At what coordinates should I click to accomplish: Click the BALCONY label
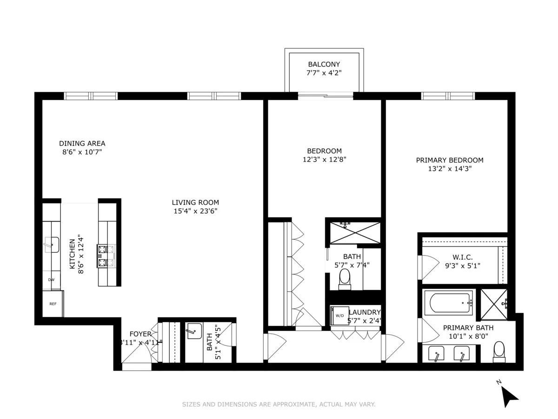coord(324,64)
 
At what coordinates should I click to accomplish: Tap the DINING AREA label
coord(82,143)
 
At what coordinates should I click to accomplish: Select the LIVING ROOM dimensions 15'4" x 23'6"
coord(195,211)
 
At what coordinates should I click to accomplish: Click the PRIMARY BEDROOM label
coord(449,160)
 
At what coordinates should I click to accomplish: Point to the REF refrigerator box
coord(53,304)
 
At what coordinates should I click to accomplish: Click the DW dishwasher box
coord(51,280)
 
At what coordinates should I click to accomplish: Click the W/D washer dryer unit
coord(339,315)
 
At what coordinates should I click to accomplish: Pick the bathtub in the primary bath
coord(450,302)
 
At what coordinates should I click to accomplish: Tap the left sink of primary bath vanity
coord(437,354)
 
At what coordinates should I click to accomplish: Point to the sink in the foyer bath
coord(194,332)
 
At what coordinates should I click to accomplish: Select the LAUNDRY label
coord(365,312)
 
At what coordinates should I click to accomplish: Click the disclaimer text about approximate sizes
coord(279,405)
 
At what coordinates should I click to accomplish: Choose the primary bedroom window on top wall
coord(448,96)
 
